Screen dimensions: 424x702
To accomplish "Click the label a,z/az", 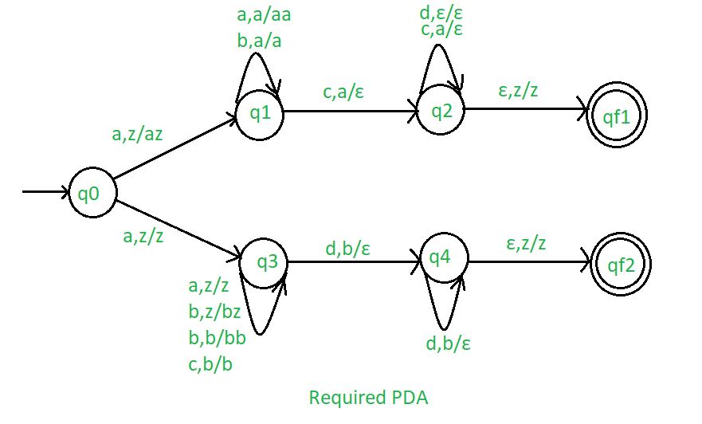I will (138, 135).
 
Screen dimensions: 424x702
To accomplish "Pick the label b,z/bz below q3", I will (216, 312).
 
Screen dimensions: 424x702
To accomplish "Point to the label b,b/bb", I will (217, 339).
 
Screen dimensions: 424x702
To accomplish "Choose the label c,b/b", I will (211, 366).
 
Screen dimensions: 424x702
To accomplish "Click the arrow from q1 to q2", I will (351, 112).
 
